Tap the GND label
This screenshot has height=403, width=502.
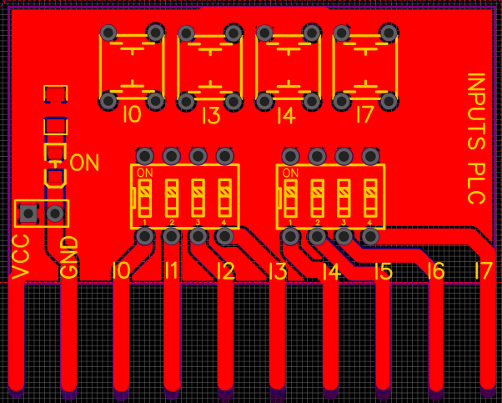coord(70,257)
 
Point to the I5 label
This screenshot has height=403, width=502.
coord(383,271)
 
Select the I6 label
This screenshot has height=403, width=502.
coord(434,271)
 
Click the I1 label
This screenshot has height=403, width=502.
coord(171,271)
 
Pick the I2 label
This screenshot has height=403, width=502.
coord(224,271)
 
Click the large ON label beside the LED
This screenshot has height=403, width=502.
coord(84,162)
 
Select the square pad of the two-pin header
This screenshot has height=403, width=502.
coord(28,214)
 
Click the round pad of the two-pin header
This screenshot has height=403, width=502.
coord(56,214)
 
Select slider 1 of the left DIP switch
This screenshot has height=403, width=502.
coord(144,199)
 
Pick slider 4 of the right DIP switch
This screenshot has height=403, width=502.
coord(370,199)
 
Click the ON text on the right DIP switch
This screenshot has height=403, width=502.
coord(290,174)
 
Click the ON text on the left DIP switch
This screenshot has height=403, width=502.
coord(144,174)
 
